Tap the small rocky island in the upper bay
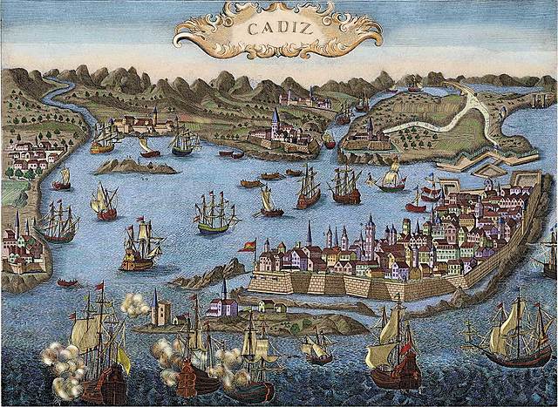[x=130, y=166]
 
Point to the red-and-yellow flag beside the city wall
[x=248, y=246]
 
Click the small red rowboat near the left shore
[x=66, y=282]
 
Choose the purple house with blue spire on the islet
[x=223, y=305]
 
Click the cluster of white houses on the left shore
[x=31, y=157]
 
